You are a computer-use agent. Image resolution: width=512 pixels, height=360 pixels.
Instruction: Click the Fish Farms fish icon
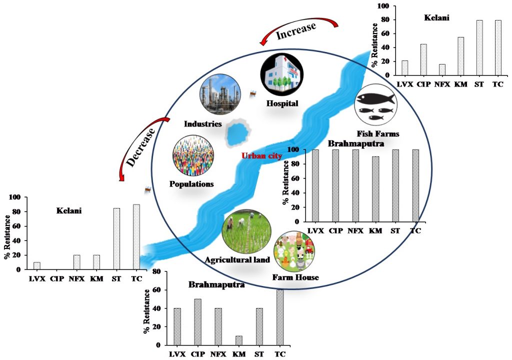tap(375, 103)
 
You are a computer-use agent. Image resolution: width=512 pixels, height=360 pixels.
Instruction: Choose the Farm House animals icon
tap(295, 251)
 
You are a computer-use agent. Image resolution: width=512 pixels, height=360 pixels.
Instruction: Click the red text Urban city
tap(262, 155)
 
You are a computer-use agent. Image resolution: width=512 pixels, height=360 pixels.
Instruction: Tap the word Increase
tap(296, 31)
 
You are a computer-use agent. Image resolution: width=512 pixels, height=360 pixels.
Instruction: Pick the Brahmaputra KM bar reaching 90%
tap(375, 188)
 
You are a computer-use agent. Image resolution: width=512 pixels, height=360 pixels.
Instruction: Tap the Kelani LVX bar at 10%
tap(37, 265)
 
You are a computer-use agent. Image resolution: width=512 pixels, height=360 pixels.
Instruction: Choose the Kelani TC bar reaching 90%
tap(136, 237)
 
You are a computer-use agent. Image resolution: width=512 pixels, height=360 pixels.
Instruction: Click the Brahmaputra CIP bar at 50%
tap(197, 322)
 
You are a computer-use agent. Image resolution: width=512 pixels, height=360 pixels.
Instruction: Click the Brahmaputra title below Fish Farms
tap(356, 144)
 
